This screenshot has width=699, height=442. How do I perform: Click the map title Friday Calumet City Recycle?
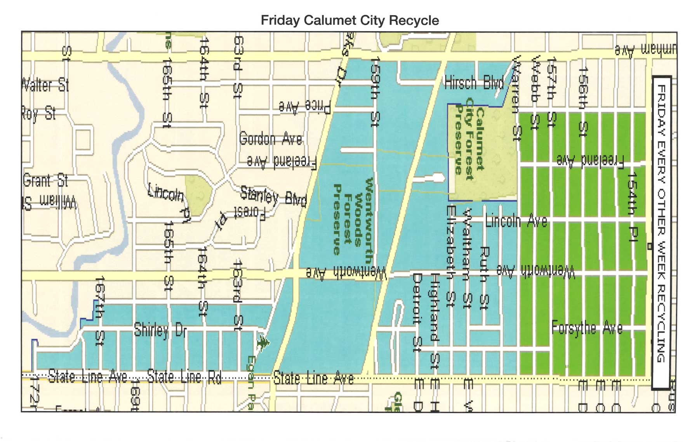349,20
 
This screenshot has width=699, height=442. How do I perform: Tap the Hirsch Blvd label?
474,83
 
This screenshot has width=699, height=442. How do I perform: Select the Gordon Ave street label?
271,139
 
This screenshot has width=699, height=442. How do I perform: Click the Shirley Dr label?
160,330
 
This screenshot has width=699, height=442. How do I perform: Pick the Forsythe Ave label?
587,328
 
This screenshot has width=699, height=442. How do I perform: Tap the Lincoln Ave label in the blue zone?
516,221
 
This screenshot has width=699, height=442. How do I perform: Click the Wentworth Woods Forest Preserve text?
353,217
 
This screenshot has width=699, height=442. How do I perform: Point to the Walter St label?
45,85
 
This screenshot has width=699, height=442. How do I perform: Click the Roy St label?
39,113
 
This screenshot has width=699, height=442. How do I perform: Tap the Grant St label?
45,180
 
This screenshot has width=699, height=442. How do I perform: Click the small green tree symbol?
263,343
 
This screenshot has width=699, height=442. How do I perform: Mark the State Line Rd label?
184,377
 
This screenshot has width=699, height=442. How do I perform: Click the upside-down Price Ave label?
305,106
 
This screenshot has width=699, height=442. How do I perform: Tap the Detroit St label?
417,312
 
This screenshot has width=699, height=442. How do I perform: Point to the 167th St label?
100,310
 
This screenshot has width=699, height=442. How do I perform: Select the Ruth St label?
484,278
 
